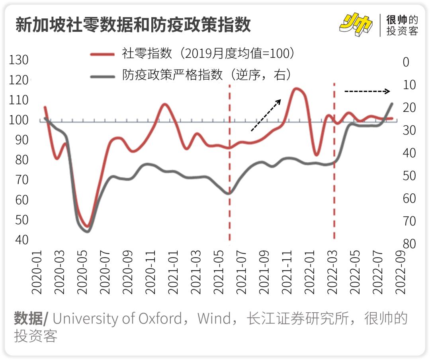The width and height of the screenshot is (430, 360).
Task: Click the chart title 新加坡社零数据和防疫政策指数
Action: point(133,25)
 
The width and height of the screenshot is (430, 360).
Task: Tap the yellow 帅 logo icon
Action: point(356,25)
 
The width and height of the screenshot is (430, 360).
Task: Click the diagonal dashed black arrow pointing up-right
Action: point(266,115)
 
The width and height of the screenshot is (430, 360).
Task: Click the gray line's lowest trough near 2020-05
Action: point(87,231)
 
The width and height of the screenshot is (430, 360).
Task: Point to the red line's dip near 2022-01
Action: point(316,155)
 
